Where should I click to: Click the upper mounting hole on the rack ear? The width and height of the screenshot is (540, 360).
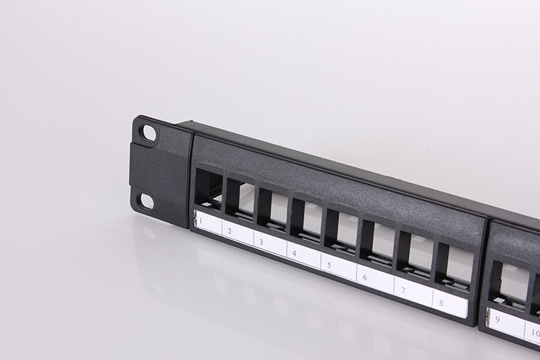(148, 133)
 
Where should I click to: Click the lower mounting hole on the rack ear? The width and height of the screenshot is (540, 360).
(145, 200)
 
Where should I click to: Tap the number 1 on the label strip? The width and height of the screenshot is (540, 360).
(200, 220)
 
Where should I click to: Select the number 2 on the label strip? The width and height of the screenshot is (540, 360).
(229, 231)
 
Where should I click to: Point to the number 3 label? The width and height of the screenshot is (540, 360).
(261, 242)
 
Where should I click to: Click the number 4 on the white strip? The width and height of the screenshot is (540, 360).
(294, 253)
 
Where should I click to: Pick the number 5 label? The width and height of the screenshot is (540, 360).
(328, 265)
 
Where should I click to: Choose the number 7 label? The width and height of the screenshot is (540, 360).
(402, 289)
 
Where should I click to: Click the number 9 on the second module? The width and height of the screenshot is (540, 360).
(498, 320)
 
